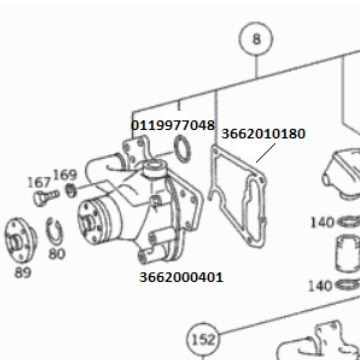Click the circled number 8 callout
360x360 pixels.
pos(256,39)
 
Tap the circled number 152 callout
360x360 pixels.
pos(203,340)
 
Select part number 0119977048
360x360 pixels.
pos(173,125)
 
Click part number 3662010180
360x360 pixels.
pos(263,134)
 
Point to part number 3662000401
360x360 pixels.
pos(181,277)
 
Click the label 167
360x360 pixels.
pos(39,183)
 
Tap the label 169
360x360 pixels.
pos(65,175)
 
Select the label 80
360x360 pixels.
pos(57,254)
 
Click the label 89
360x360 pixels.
pos(23,273)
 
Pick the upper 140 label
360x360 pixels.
pos(322,222)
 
